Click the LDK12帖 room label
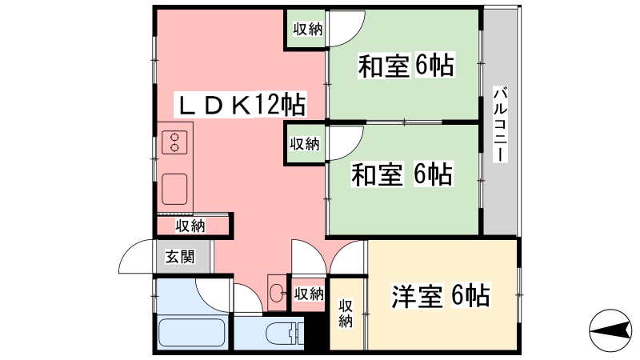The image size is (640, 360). pos(241,106)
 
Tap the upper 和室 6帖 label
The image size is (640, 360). pos(406,66)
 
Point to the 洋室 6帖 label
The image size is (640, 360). pos(441,295)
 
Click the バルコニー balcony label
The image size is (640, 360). pos(500,124)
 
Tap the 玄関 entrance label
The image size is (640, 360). pos(180,257)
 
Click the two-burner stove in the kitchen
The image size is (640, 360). pos(174,142)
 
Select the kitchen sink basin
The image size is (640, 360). pos(174,189)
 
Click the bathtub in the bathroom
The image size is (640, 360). pos(191,332)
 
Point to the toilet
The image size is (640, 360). pos(285,333)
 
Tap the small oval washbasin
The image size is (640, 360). pos(277,293)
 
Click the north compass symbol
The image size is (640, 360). pos(610,330)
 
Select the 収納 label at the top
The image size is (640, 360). pos(308,29)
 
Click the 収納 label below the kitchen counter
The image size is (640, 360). pos(190,226)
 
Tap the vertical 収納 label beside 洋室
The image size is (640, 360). pos(346,314)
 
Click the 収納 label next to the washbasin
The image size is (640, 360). pos(310,294)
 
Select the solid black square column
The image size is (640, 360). pos(316,330)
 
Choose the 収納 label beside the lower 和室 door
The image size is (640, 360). pos(305,144)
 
